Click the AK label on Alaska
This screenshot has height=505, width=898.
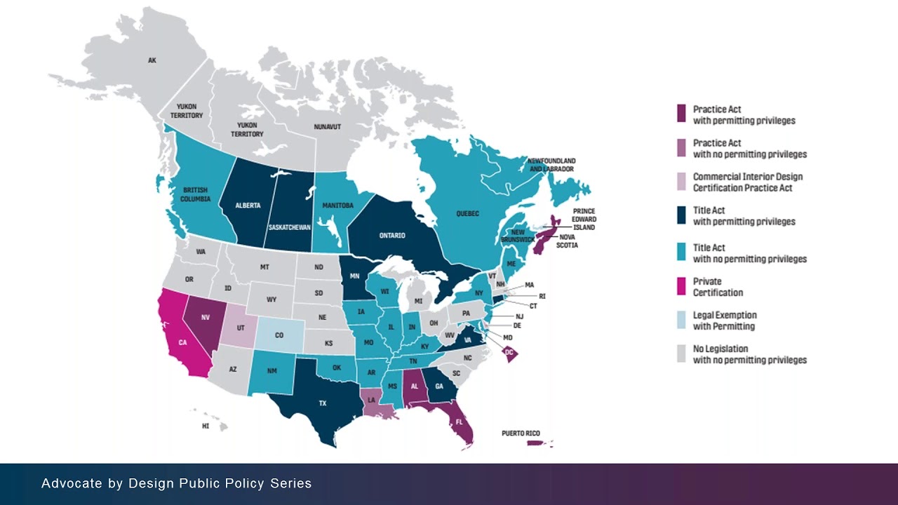[152, 61]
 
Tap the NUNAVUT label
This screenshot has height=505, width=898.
[327, 127]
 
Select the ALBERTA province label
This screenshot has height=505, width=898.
[248, 206]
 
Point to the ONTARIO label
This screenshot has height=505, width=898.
[392, 236]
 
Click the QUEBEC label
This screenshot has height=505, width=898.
[467, 214]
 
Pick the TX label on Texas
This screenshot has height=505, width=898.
[323, 403]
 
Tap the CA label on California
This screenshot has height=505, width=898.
[182, 342]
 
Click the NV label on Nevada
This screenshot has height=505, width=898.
[206, 318]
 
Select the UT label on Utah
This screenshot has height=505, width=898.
[241, 328]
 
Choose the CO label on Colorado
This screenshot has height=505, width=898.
[279, 335]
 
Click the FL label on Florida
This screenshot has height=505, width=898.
[459, 422]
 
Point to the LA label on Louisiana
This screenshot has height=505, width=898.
[371, 400]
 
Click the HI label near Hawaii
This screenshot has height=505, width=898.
[206, 426]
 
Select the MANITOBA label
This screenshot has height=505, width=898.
[337, 206]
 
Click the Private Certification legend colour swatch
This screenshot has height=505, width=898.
[681, 287]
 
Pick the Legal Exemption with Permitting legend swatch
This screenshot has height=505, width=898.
[681, 321]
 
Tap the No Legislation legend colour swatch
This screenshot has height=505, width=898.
[681, 354]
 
